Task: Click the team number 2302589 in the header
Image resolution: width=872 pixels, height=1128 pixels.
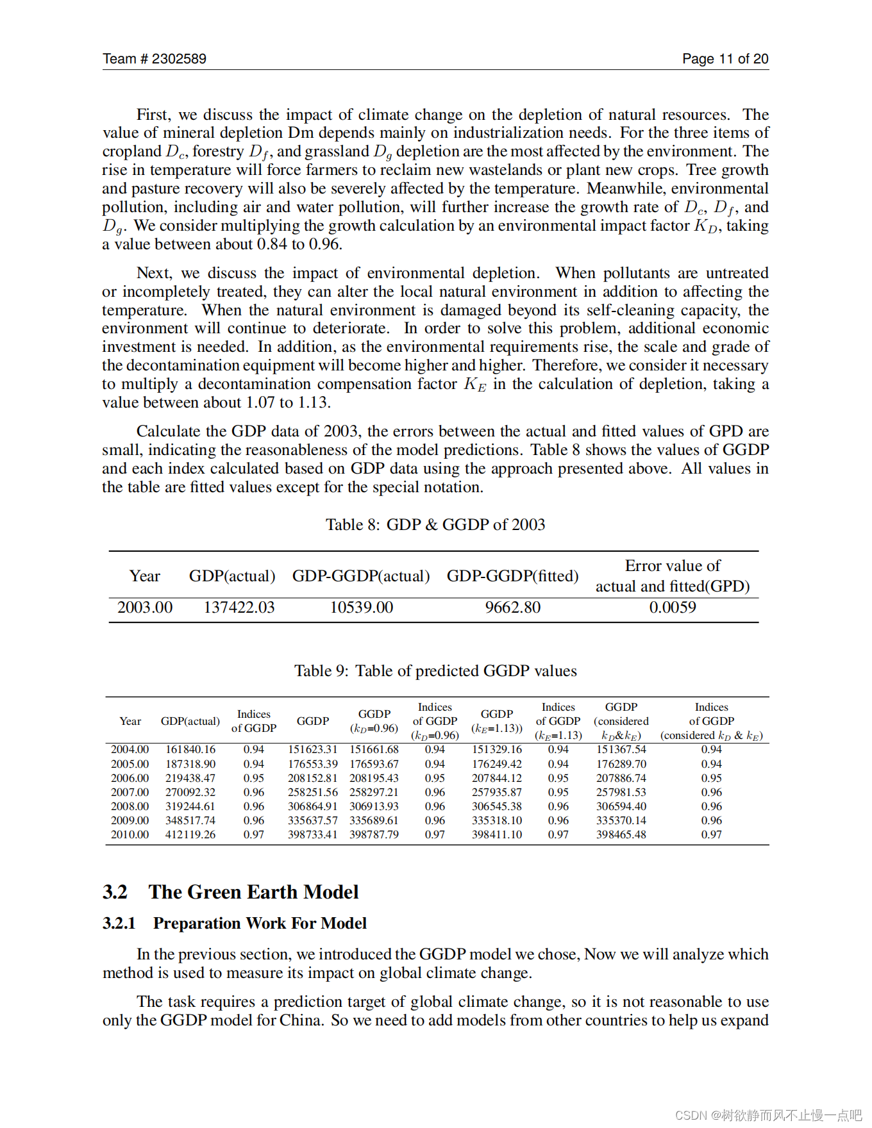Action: [x=179, y=59]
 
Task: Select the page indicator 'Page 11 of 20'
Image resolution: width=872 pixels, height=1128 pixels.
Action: [x=725, y=59]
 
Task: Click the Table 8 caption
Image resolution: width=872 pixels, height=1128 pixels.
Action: [x=435, y=525]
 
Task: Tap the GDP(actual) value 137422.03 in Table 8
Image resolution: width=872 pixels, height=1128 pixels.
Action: [x=239, y=608]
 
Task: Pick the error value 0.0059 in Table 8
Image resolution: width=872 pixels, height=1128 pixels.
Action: [x=672, y=608]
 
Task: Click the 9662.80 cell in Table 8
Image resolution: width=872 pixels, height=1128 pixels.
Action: [x=512, y=608]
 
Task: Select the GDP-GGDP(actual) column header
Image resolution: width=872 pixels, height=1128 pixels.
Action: [x=361, y=576]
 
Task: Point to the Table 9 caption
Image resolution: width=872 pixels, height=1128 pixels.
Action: [x=435, y=671]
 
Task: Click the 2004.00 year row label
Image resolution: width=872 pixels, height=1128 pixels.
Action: [x=130, y=749]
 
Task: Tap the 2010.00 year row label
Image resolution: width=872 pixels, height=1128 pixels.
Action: [x=130, y=834]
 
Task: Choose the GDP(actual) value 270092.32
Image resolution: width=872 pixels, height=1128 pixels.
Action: [x=190, y=792]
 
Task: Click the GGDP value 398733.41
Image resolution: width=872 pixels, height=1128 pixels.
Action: [x=312, y=834]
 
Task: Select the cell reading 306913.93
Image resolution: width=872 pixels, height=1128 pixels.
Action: [x=374, y=806]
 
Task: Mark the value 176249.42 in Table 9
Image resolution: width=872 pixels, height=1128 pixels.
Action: [x=497, y=764]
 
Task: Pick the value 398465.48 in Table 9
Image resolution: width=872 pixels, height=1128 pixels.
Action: [x=621, y=834]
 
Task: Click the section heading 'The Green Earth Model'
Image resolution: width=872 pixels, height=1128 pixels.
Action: [x=253, y=892]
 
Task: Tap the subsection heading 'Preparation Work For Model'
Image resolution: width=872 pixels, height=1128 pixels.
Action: [x=260, y=924]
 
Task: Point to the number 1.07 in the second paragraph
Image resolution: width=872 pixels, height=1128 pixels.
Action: [x=260, y=403]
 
